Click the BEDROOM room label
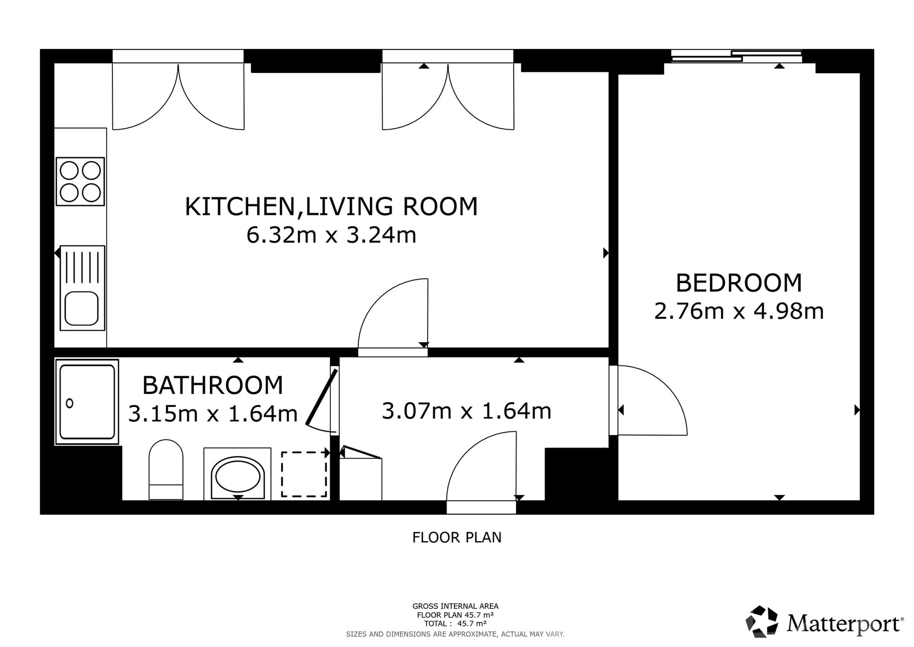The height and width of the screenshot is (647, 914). [x=739, y=283]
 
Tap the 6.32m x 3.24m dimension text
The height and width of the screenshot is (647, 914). [x=331, y=235]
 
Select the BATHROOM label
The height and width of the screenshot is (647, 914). [x=213, y=385]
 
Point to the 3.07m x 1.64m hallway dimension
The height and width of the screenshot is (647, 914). [x=467, y=411]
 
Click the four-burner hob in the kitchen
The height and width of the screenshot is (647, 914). [x=80, y=182]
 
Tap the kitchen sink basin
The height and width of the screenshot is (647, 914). [x=81, y=309]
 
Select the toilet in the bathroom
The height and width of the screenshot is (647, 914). [x=166, y=469]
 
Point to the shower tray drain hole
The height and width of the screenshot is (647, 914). [x=70, y=404]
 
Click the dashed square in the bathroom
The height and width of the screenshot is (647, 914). [x=304, y=474]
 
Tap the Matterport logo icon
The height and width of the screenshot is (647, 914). [x=762, y=621]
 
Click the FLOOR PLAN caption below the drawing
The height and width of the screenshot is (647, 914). [x=457, y=537]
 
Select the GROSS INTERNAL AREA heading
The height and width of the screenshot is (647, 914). [x=456, y=606]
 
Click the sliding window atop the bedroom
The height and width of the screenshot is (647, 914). [x=737, y=56]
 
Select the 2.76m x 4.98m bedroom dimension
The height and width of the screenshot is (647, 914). [x=739, y=311]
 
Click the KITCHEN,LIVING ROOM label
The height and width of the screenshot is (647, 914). [x=331, y=206]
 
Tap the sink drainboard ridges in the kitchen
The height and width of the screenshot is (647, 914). [x=82, y=267]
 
